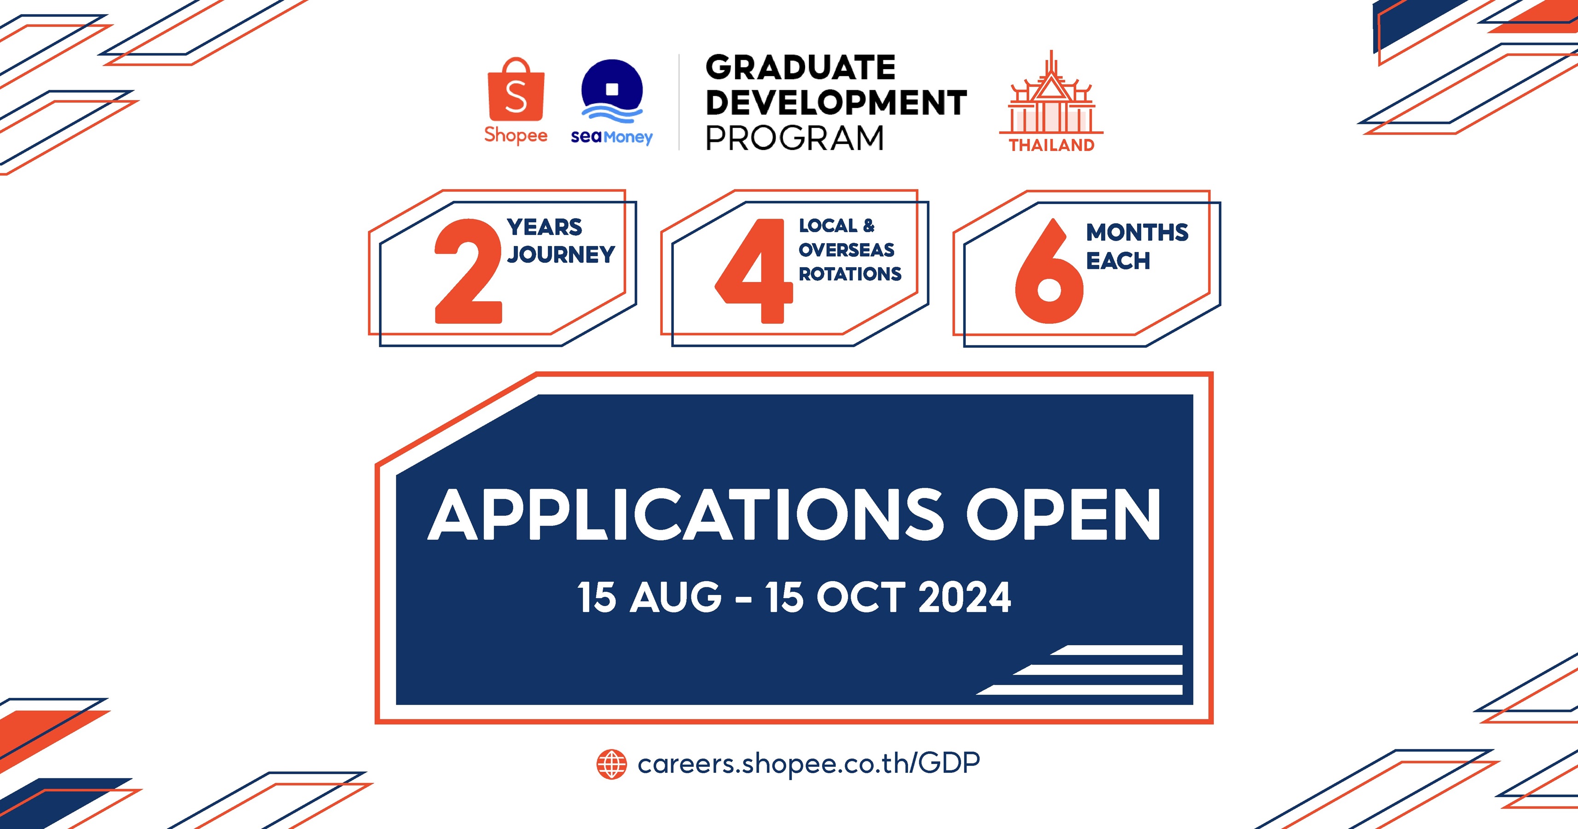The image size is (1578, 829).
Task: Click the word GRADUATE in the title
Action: [800, 67]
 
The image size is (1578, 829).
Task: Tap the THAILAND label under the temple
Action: [1052, 145]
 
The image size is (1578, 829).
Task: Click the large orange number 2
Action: [468, 271]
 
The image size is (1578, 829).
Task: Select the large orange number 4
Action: [754, 271]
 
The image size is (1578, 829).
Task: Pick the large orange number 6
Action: [1049, 271]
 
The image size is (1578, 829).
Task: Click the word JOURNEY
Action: [561, 254]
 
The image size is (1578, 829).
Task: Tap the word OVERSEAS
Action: [847, 250]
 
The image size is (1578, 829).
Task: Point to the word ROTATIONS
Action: [850, 274]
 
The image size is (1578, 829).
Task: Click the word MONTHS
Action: [1137, 233]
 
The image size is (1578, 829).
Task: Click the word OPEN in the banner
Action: [1063, 515]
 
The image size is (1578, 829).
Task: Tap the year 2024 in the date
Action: [964, 597]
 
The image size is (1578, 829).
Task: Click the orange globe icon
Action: [611, 764]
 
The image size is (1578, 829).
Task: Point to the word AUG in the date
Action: [676, 597]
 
